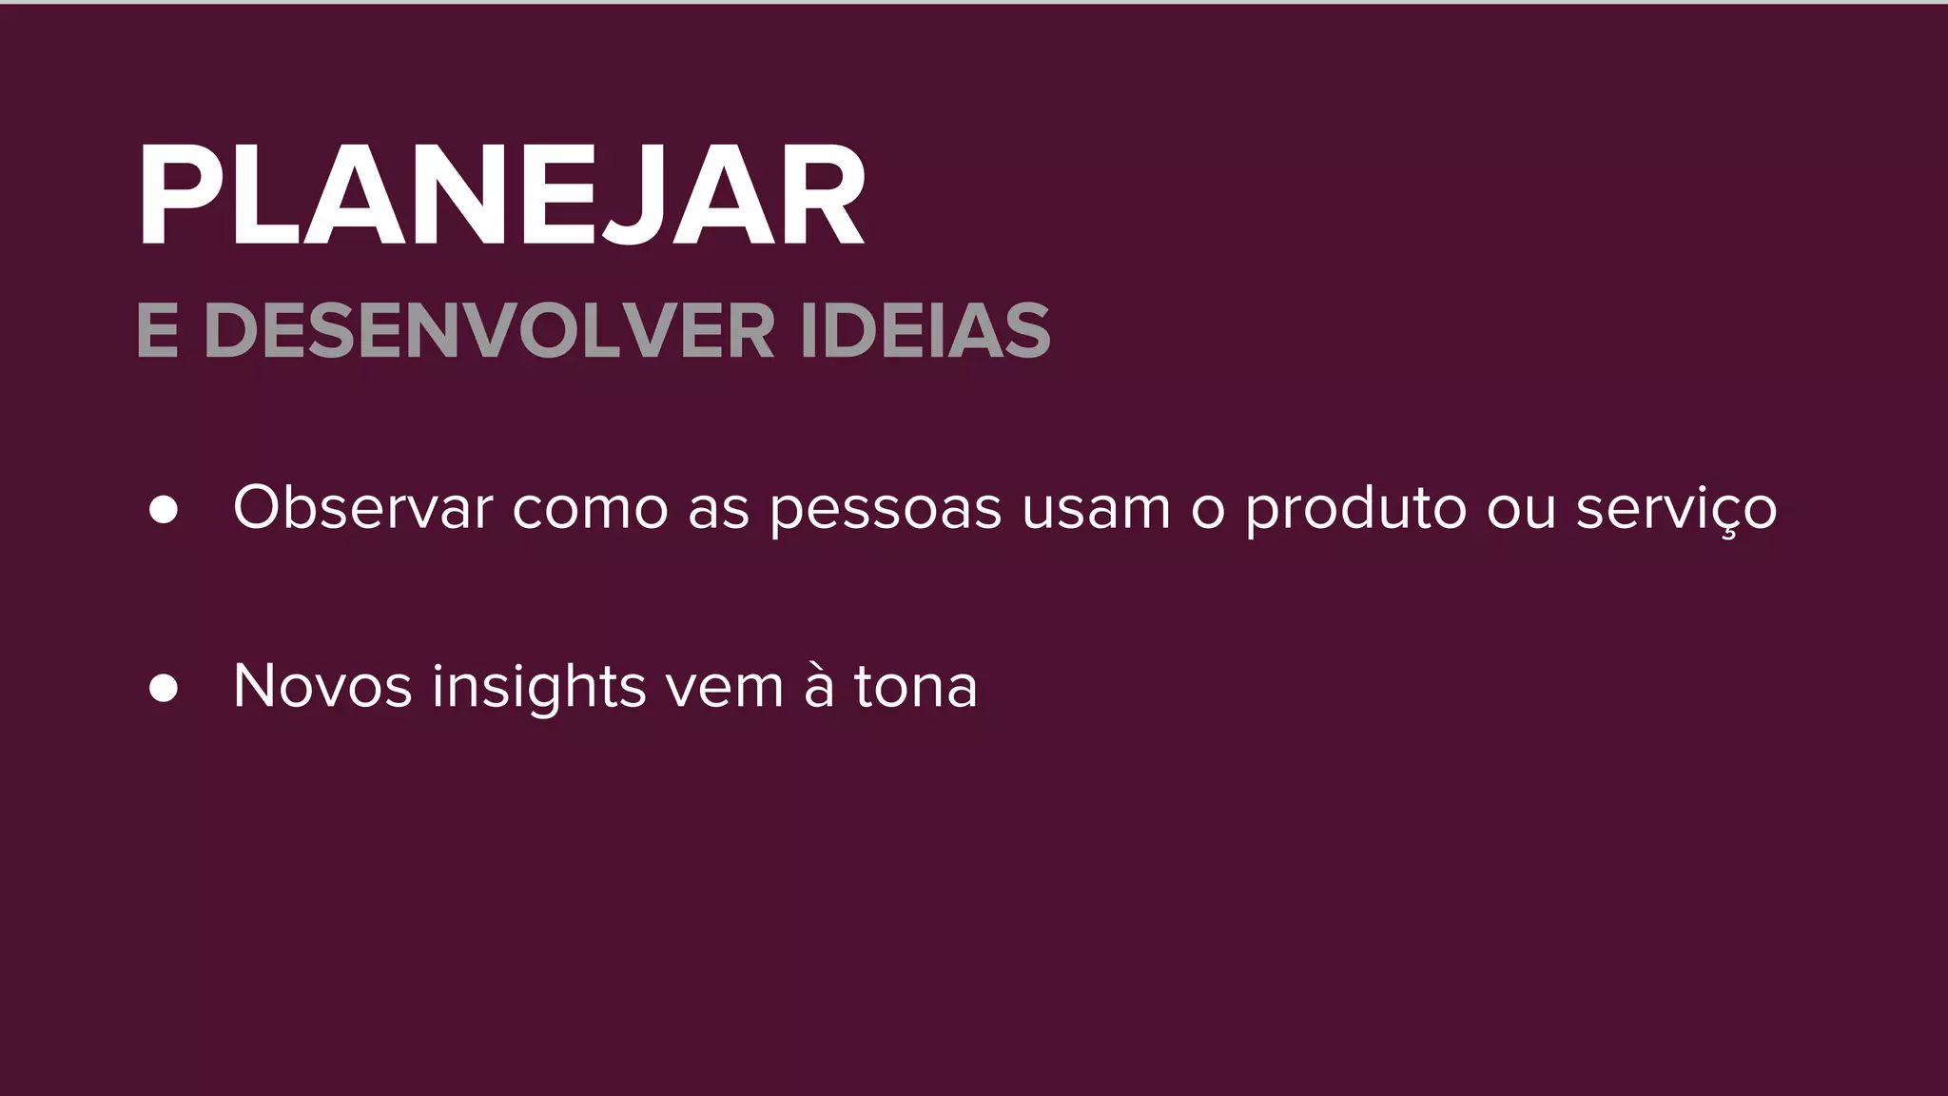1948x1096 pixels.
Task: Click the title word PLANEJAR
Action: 501,197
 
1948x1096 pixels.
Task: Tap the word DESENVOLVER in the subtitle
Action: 490,331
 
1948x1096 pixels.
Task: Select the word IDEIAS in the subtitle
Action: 925,331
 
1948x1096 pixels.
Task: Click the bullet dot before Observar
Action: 164,509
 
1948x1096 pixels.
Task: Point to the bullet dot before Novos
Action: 164,688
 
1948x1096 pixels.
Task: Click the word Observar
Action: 362,507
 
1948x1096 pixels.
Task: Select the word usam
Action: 1096,508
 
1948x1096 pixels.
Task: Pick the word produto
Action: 1355,508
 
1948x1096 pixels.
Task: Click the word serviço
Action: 1676,509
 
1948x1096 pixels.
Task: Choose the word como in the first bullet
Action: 590,509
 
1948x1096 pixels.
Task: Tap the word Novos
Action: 322,686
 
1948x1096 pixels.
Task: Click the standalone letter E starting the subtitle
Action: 157,331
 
